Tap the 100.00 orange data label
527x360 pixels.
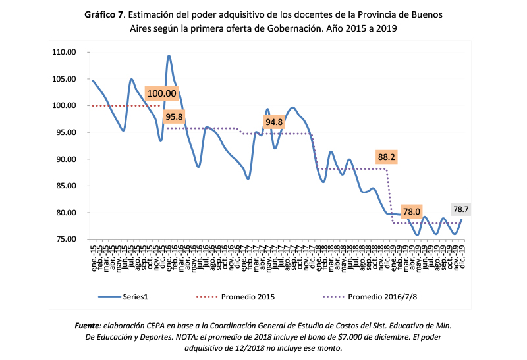(x=161, y=93)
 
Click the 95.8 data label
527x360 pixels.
(x=174, y=116)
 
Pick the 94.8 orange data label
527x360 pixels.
(x=274, y=122)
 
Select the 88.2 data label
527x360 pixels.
(x=387, y=157)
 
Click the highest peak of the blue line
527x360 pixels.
(x=169, y=56)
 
